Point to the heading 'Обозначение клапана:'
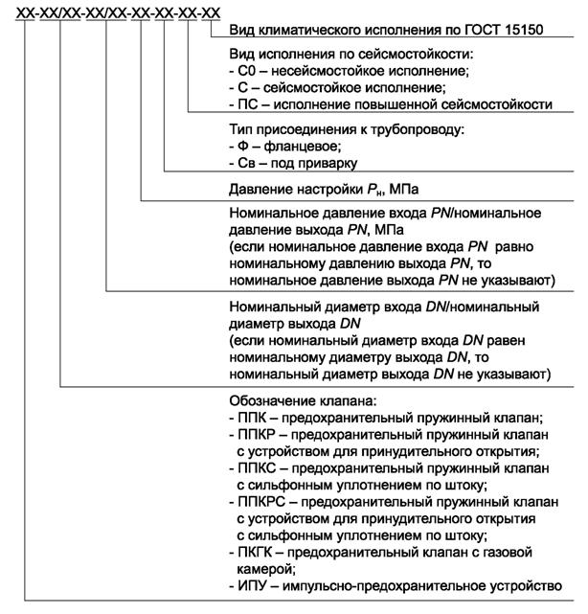coord(297,401)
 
